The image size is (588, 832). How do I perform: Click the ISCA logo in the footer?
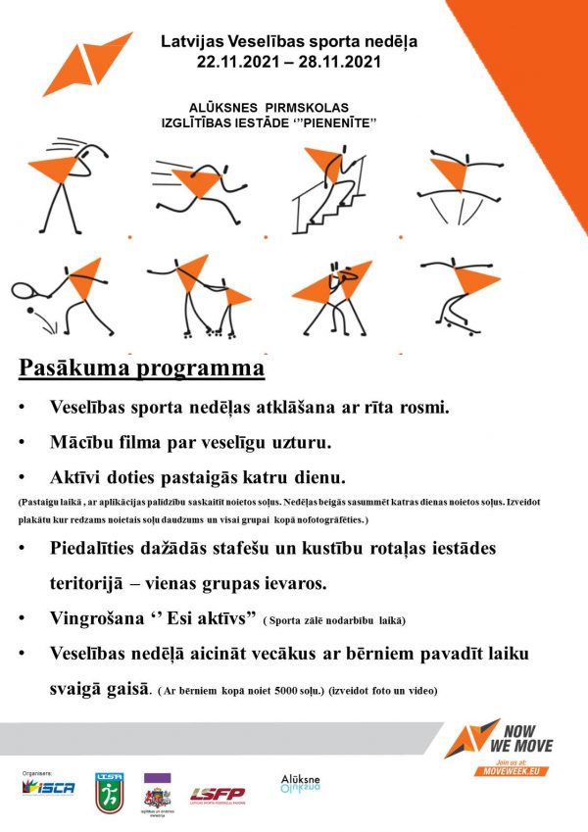49,788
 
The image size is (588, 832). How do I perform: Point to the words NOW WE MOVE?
526,739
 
